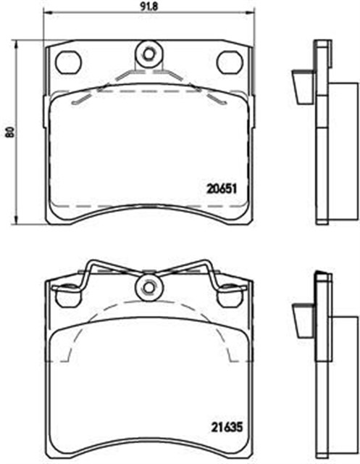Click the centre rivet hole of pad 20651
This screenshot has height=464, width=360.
click(x=148, y=52)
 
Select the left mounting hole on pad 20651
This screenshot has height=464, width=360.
click(x=67, y=62)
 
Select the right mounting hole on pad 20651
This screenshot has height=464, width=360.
click(x=230, y=62)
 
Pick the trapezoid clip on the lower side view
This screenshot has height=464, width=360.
click(x=301, y=317)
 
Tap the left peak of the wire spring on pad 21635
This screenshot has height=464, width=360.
click(x=90, y=262)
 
